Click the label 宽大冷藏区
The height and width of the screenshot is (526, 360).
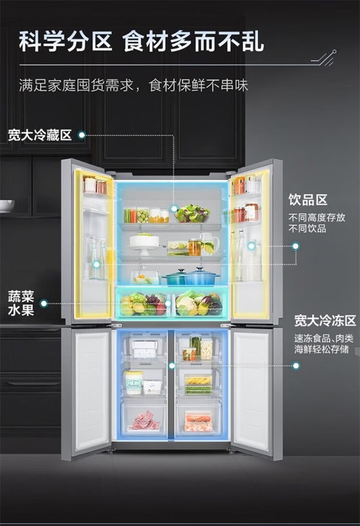point(39,135)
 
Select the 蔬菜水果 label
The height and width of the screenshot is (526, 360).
point(21,303)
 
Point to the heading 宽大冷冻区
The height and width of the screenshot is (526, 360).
point(325,320)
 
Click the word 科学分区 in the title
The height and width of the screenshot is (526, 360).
point(65,42)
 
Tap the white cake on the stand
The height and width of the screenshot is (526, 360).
point(144,240)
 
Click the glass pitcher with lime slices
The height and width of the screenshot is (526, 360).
point(209,244)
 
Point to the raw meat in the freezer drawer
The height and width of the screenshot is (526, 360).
point(144,421)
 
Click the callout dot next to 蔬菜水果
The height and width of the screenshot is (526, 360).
point(44,303)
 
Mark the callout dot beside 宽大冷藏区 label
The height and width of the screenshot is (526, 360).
point(82,135)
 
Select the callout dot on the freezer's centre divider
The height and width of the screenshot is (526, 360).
point(171,366)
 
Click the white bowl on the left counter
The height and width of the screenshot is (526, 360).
point(6,206)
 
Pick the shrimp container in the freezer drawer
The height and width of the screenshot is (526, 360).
point(198,422)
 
